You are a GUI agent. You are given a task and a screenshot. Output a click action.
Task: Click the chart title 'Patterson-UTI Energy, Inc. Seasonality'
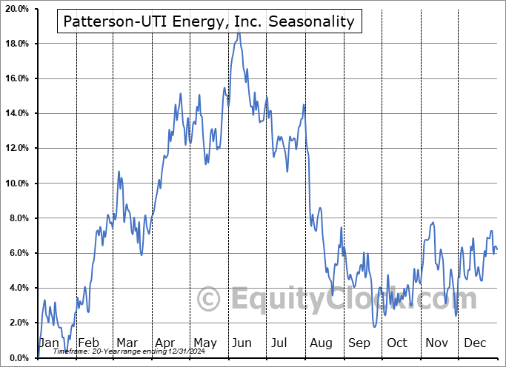tap(210, 22)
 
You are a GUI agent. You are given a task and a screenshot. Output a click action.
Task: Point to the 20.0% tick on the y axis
tap(17, 9)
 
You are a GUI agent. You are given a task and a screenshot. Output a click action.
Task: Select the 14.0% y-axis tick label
tap(17, 113)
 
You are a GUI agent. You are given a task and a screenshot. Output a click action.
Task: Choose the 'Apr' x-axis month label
tap(165, 343)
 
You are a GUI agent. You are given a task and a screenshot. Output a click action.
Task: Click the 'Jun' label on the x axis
tap(242, 343)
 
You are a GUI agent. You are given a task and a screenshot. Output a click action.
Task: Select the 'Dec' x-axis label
tap(475, 343)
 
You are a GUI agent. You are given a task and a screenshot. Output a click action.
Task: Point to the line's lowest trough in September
tap(375, 326)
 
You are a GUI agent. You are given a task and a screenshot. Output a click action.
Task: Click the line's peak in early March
tap(119, 171)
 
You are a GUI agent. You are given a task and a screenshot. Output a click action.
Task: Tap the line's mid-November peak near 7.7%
tap(432, 222)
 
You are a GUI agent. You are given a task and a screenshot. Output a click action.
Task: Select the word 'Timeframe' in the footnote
tap(69, 351)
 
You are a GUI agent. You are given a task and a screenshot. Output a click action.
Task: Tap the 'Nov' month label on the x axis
tap(436, 343)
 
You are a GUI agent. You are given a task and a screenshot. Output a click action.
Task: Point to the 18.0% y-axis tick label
tap(17, 44)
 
